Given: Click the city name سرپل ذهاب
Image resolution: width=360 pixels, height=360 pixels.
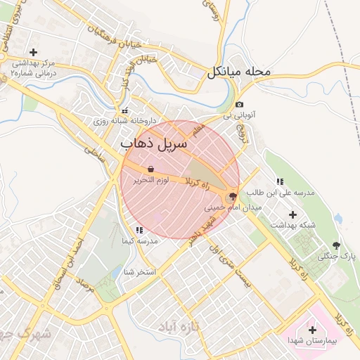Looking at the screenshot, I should click(154, 144).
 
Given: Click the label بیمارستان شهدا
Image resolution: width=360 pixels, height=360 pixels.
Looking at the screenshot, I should click(312, 340).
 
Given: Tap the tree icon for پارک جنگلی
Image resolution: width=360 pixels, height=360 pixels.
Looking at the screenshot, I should click(336, 245).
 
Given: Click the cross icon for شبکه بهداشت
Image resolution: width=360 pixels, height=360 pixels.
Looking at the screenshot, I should click(293, 214).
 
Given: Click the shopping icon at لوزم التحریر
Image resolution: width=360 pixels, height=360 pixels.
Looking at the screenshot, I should click(151, 169).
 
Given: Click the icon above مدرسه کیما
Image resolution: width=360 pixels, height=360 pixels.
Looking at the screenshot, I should click(139, 229).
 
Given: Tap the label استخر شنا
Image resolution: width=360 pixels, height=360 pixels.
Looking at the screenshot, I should click(139, 271).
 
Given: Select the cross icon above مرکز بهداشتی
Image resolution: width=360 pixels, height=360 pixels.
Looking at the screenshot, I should click(33, 52).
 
